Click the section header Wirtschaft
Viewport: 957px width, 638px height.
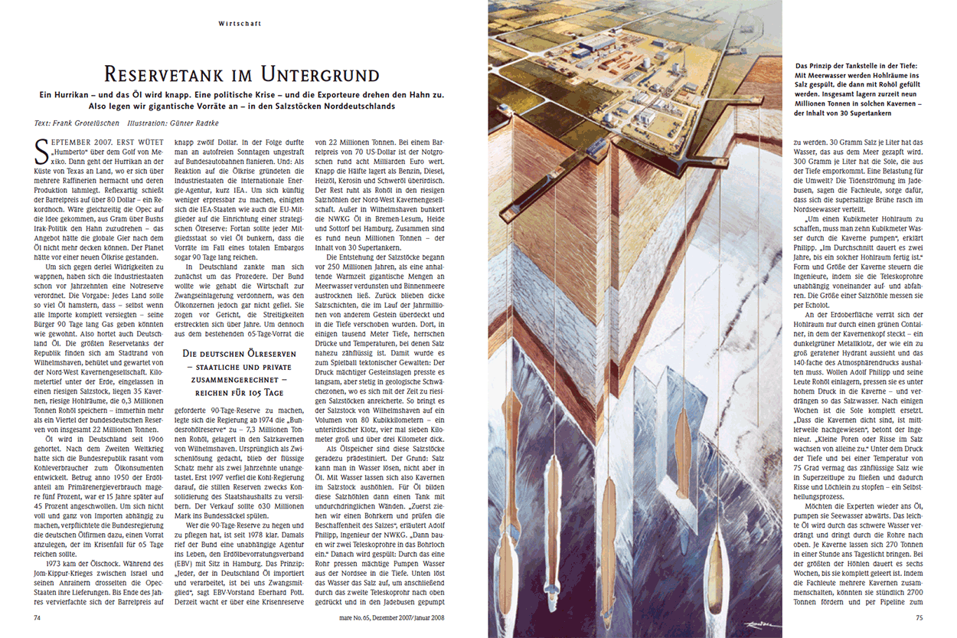pyautogui.click(x=239, y=24)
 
